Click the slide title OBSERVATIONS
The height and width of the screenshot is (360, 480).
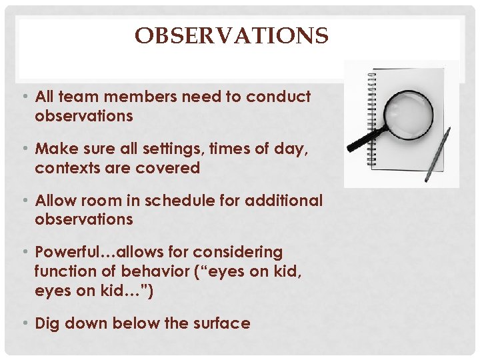coord(231,35)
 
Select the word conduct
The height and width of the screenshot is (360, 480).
coord(278,97)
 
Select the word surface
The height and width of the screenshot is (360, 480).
coord(221,324)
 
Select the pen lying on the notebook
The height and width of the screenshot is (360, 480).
coord(437,154)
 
